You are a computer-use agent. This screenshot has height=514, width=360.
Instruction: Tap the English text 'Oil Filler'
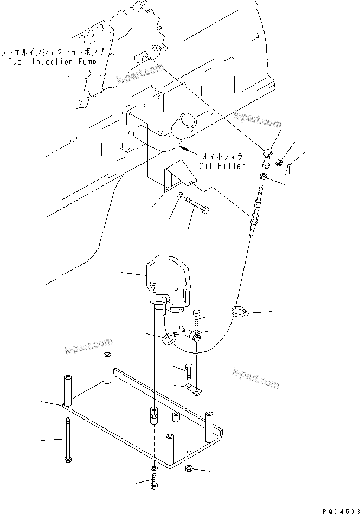(222, 165)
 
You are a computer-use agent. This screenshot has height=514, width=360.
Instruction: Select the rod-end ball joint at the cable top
(267, 156)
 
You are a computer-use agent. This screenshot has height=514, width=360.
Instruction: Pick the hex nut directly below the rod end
(261, 176)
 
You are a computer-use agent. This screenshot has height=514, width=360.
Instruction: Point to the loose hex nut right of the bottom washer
(189, 469)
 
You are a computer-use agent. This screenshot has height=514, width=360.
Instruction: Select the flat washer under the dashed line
(155, 467)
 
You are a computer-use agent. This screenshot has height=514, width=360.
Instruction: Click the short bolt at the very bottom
(155, 481)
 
